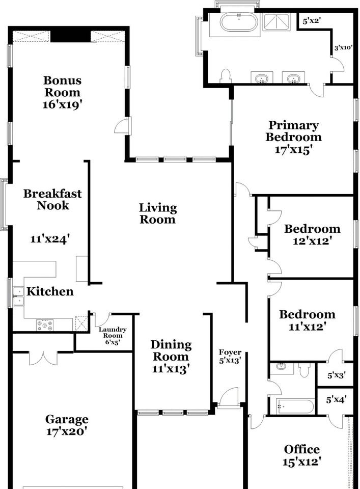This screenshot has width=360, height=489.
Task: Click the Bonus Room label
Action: click(x=62, y=86)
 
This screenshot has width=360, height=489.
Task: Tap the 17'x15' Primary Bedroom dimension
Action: click(x=294, y=150)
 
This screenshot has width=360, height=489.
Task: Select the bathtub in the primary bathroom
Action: click(x=239, y=22)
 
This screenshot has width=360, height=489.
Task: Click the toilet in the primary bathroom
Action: click(x=226, y=76)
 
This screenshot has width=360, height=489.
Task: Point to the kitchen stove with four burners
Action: click(x=45, y=325)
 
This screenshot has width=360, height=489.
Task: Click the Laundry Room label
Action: click(x=113, y=333)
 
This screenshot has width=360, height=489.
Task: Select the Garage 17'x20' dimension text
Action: click(x=66, y=431)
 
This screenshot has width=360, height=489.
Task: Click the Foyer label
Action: click(x=230, y=352)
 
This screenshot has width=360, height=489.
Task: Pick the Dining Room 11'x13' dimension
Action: click(x=171, y=369)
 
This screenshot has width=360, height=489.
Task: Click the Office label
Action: click(x=302, y=449)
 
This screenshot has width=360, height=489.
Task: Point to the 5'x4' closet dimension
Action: click(x=336, y=399)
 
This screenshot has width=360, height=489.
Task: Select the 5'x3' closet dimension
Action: click(x=336, y=375)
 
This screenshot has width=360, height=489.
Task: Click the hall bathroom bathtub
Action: click(x=295, y=406)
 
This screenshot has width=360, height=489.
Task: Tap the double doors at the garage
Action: click(x=43, y=358)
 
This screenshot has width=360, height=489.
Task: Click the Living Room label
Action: click(x=158, y=213)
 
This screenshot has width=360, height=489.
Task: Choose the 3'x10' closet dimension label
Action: click(x=343, y=48)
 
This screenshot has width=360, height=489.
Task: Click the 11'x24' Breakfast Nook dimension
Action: click(x=49, y=239)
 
